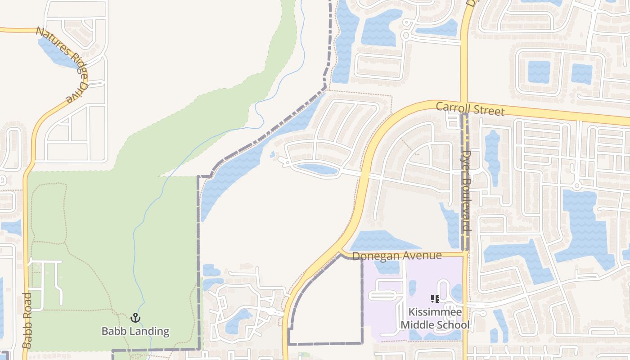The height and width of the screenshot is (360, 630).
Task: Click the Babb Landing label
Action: tap(135, 332)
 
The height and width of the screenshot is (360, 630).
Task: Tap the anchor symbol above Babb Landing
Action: tap(135, 318)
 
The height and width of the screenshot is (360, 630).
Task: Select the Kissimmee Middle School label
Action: tap(435, 319)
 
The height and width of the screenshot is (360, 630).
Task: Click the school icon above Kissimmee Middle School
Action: tap(435, 299)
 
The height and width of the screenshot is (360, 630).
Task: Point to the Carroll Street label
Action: tap(470, 109)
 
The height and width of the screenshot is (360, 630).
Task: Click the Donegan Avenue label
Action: tap(396, 256)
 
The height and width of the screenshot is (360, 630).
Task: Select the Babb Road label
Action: tap(27, 321)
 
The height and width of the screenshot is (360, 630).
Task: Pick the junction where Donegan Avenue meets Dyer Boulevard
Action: tap(464, 254)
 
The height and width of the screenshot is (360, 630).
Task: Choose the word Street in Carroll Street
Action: tap(489, 110)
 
